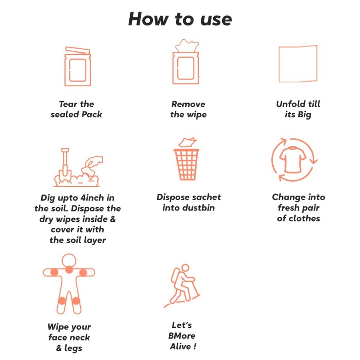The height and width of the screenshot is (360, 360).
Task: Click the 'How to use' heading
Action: click(x=180, y=19)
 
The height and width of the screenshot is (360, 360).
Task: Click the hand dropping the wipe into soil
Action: click(x=93, y=162)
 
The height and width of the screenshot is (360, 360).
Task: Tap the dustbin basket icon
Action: click(x=186, y=164)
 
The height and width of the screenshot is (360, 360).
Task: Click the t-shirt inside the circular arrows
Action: click(x=293, y=160)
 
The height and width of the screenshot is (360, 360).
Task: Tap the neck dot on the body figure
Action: click(x=69, y=269)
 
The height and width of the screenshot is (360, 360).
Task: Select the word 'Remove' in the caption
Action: click(x=188, y=104)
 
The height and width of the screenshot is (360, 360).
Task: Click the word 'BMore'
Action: click(x=182, y=336)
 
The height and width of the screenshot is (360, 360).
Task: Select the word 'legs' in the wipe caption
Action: click(x=73, y=348)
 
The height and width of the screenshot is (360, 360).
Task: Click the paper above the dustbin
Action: click(x=187, y=142)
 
